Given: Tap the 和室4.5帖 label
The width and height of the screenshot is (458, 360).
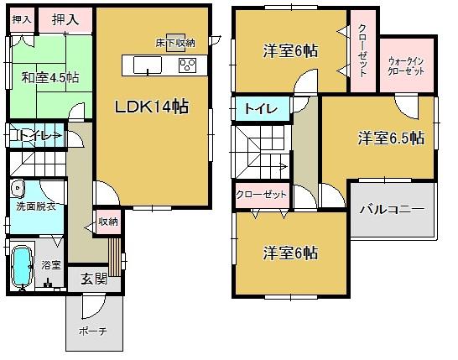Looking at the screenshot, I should coord(51,78).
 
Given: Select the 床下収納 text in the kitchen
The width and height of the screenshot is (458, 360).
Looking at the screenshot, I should coord(175,42).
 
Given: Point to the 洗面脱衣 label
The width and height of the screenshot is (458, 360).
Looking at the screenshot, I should coord(34,206).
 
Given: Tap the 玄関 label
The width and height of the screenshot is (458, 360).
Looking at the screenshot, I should coord(93,280).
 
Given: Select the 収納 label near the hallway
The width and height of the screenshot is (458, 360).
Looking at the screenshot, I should coord(107,222).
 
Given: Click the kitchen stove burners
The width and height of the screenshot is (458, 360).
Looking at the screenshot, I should coord(189,65).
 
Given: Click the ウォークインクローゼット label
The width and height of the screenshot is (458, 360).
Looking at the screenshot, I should coord(407,65).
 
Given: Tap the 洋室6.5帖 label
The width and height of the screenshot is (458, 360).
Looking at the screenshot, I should coord(389,138).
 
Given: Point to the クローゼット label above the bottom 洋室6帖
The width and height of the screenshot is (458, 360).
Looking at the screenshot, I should coord(260,195).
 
